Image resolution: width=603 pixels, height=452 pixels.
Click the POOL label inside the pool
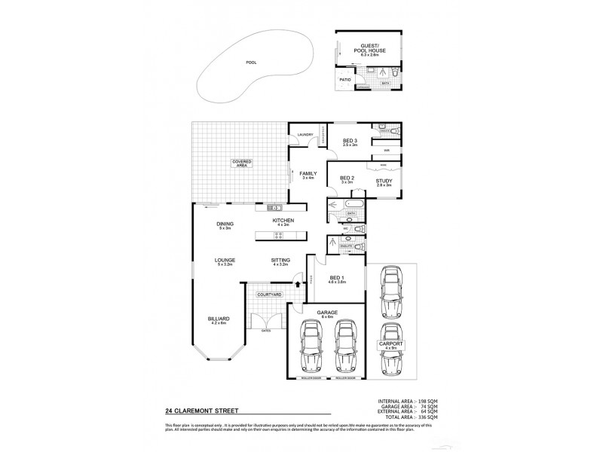click(250, 63)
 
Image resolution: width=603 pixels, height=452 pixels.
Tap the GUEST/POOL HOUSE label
click(371, 47)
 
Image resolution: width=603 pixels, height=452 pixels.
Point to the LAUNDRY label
click(305, 135)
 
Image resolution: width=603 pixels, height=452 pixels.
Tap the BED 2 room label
click(347, 179)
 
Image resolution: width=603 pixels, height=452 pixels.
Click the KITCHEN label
click(283, 221)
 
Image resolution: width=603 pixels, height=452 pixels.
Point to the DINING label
click(225, 224)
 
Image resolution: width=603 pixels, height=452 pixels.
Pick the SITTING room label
click(280, 261)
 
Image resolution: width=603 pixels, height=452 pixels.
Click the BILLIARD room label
click(220, 319)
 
